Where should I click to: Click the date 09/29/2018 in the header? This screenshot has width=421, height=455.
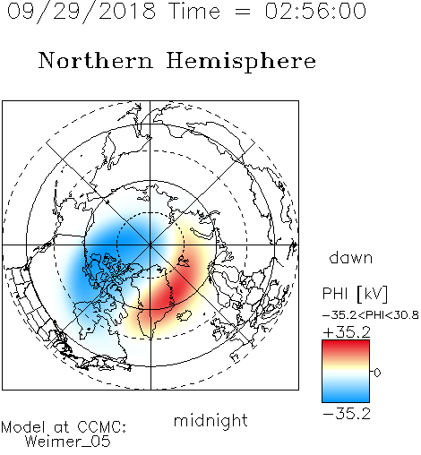tap(82, 12)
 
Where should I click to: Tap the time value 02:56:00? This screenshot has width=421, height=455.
tap(315, 11)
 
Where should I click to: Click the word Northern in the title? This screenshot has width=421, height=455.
tap(96, 61)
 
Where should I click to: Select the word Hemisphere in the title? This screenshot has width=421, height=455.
tap(241, 61)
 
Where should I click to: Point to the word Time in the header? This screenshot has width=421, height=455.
tap(194, 11)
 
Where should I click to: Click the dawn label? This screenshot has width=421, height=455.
tap(351, 257)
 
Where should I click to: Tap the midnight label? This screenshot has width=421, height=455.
tap(210, 421)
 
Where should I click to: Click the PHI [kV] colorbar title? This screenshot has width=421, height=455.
tap(356, 294)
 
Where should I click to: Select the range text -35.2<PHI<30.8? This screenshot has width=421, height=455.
tap(371, 315)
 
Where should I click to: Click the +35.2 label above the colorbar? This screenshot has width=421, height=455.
tap(347, 332)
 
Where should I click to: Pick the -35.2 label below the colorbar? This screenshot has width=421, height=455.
tap(347, 414)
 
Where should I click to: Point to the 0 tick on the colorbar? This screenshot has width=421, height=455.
tap(377, 373)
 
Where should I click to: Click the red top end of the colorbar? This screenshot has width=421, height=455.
tap(346, 343)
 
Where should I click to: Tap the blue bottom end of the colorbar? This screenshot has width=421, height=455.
tap(346, 399)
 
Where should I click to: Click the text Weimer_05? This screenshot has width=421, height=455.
tap(68, 442)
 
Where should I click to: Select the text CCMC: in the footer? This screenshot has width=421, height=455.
tap(102, 427)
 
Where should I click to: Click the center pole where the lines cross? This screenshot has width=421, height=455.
tap(150, 245)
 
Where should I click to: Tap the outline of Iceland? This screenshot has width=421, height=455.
tap(184, 315)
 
